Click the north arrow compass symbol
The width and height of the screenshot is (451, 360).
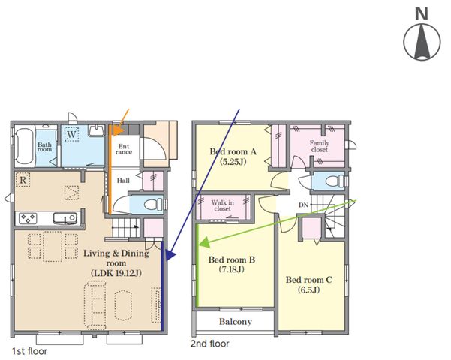(422, 42)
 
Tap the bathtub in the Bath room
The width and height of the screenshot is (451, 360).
(24, 146)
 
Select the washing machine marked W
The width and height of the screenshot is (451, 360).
(71, 134)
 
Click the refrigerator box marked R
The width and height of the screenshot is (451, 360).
(23, 180)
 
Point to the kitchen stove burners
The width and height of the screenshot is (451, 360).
(28, 218)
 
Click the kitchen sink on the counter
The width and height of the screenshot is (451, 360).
(65, 218)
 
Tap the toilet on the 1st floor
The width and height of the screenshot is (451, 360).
(151, 205)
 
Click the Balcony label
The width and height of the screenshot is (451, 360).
(236, 322)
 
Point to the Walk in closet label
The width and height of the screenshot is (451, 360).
(222, 205)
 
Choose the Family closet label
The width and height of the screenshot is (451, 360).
(320, 146)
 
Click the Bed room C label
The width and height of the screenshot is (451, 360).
(308, 280)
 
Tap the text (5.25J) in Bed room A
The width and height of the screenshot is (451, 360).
(233, 162)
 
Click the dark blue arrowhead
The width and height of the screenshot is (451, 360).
(170, 255)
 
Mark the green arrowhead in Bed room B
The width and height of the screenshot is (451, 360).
(204, 242)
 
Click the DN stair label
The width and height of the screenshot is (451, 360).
(303, 205)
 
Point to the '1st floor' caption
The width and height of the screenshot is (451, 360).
(29, 351)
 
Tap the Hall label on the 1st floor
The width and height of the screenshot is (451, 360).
(123, 181)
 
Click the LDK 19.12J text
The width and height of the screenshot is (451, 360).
(116, 273)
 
